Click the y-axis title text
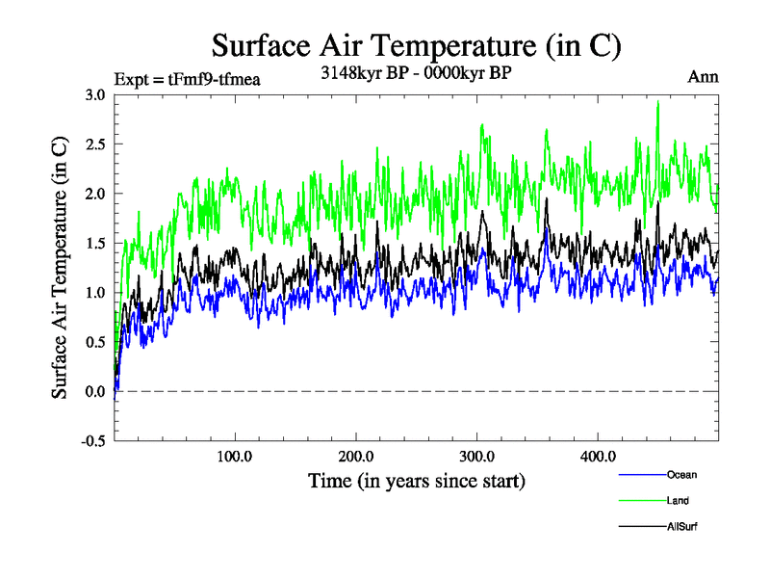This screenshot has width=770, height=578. coord(60,268)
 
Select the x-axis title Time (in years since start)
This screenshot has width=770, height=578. coord(416,479)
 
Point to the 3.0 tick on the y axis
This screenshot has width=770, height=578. coord(94,94)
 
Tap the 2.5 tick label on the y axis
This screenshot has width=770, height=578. coord(94,144)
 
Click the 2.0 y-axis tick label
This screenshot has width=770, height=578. coord(94,194)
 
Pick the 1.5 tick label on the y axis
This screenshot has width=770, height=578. coord(94,243)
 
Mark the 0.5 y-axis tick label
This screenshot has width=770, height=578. coord(94,342)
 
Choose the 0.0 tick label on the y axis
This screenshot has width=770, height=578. coord(94,391)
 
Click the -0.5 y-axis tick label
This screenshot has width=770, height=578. coord(92,441)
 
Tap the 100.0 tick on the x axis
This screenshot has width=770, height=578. coord(235,457)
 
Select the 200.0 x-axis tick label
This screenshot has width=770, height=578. coord(356,457)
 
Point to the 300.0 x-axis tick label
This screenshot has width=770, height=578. coord(477,457)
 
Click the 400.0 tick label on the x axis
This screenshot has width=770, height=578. coord(598,457)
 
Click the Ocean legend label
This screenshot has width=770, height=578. coord(681,474)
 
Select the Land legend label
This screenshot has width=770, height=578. coord(678,500)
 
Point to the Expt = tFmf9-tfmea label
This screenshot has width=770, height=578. coord(187,79)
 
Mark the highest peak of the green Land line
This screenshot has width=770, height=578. coord(658,101)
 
